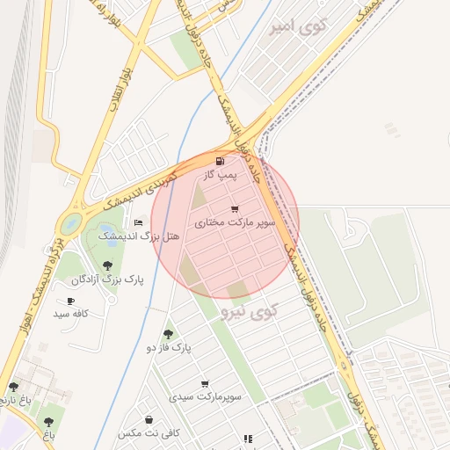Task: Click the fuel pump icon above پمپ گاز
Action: (219, 161)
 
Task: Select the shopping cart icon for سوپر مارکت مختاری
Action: (234, 209)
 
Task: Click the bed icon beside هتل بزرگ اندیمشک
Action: (138, 223)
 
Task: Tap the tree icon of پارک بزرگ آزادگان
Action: (107, 265)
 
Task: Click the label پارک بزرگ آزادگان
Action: (107, 279)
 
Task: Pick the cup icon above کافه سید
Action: (70, 301)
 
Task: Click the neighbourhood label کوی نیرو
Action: (250, 310)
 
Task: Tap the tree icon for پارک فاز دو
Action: (168, 334)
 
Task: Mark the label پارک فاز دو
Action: (168, 348)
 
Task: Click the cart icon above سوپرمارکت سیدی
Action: (205, 384)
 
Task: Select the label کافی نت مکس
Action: (149, 433)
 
